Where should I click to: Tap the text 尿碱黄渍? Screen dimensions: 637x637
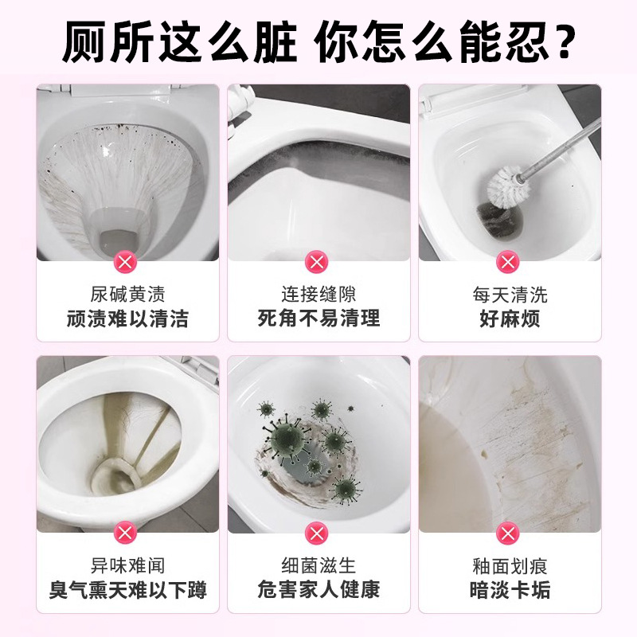[x=127, y=295]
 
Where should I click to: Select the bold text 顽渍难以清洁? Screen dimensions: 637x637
[x=127, y=319]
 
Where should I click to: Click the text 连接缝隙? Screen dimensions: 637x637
[x=318, y=295]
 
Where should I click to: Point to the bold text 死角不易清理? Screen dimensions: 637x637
[x=318, y=319]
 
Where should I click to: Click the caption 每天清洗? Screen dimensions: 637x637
[x=510, y=295]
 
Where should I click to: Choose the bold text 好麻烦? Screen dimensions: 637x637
[x=510, y=319]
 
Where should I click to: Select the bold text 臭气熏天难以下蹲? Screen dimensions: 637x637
[x=127, y=590]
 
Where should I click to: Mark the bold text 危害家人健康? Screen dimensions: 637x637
[x=318, y=590]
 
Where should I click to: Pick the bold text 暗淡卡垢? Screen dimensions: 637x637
[x=510, y=590]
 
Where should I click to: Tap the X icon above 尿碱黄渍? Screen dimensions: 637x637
[x=127, y=261]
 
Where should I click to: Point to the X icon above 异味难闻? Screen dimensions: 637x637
[x=127, y=532]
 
